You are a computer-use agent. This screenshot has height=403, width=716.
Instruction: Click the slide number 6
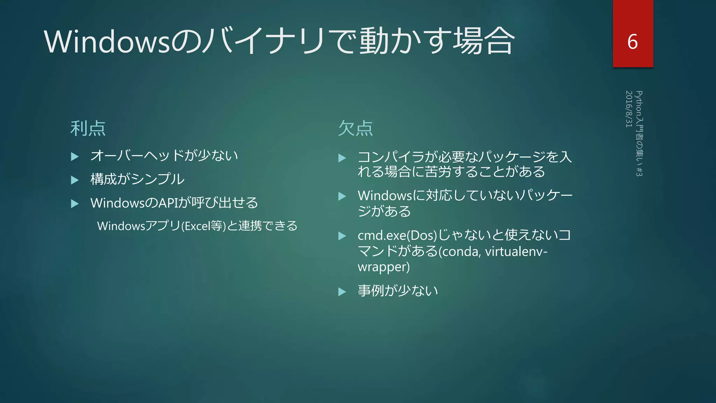[632, 42]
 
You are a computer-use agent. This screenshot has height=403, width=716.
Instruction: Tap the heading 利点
[88, 128]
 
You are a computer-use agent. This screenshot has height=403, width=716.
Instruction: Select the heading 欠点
[356, 128]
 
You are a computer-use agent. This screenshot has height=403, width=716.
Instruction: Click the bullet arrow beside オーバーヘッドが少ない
[74, 156]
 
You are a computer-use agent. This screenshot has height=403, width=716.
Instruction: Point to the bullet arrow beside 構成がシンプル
[74, 180]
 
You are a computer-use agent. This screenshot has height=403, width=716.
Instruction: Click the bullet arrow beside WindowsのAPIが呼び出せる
[74, 203]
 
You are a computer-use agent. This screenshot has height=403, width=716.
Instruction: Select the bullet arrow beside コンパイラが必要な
[342, 158]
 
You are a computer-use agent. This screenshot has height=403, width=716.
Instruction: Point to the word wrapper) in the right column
[384, 267]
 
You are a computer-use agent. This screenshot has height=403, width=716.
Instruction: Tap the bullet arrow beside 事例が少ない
[342, 292]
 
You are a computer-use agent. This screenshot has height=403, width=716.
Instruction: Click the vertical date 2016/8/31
[629, 109]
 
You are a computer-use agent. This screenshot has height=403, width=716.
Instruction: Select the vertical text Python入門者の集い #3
[639, 133]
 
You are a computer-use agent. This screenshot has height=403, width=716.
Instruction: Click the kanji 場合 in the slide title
[484, 41]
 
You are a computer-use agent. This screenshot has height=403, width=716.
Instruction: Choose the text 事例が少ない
[398, 291]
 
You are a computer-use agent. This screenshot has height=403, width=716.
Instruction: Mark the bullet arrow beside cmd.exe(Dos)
[342, 236]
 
